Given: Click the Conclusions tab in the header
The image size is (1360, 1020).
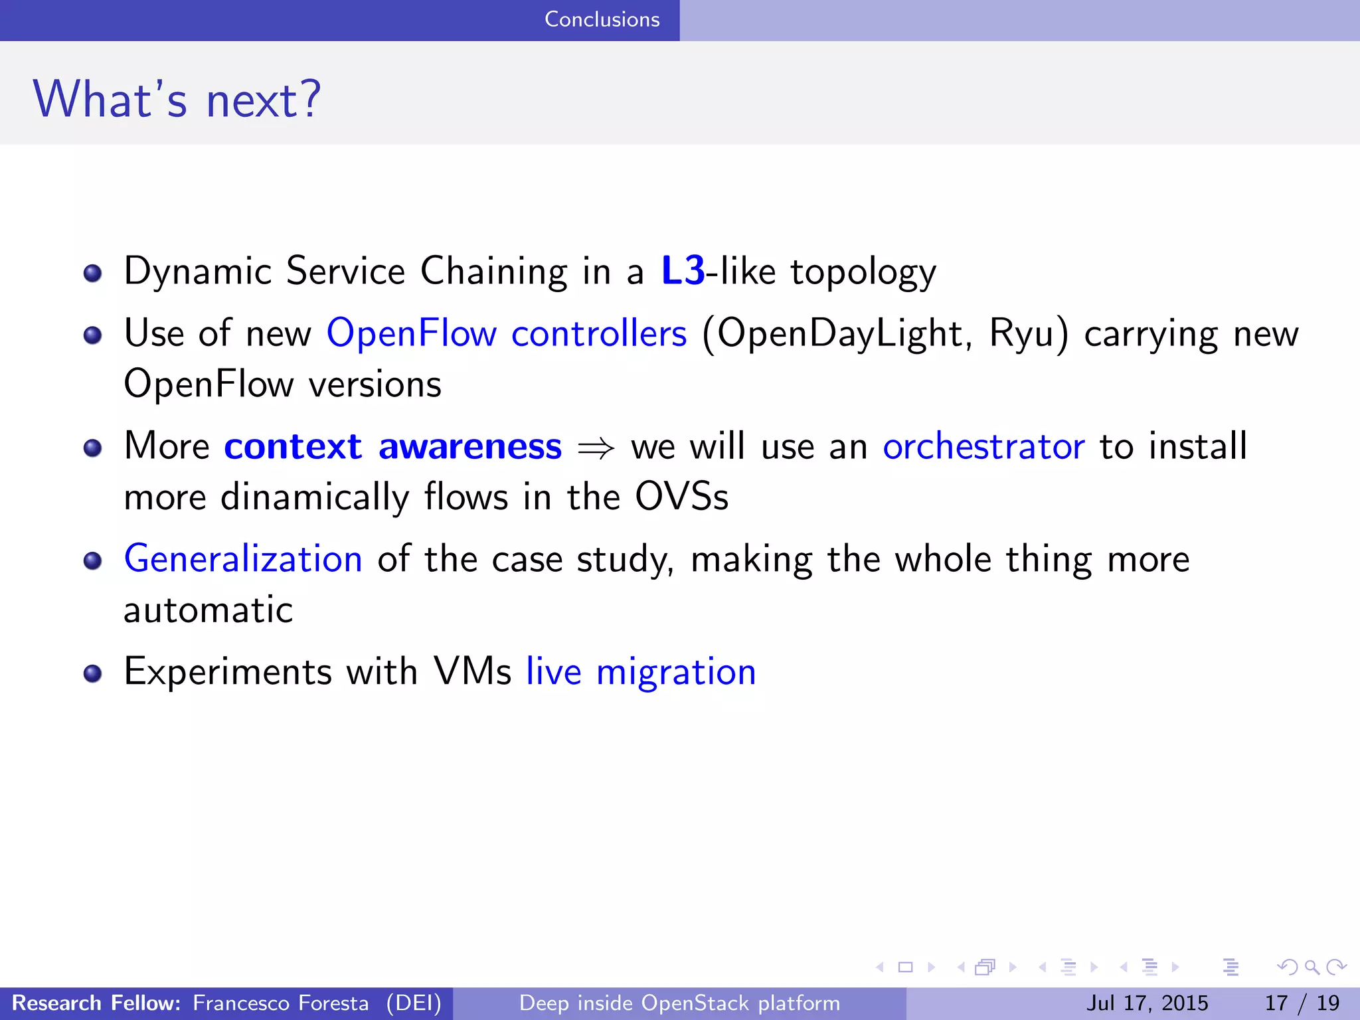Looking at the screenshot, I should (x=602, y=19).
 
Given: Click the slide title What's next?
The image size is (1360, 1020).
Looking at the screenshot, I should (x=177, y=100).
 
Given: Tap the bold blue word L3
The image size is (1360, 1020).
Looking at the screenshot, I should (x=683, y=271).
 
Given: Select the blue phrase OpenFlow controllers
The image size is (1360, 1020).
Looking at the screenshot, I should (x=506, y=333).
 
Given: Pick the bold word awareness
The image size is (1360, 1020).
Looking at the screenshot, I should (x=469, y=446).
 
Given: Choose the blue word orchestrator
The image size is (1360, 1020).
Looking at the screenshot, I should (x=983, y=446).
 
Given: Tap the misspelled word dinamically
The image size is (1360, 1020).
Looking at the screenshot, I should (x=315, y=497).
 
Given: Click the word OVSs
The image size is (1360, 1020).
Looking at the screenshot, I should (x=681, y=497).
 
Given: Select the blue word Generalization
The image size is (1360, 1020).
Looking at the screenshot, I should (x=243, y=558).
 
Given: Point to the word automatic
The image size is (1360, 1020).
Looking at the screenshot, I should (x=208, y=610).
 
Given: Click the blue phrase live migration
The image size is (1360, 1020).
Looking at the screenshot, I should (x=641, y=671).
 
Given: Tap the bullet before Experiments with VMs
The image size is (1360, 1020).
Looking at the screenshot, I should (x=93, y=673).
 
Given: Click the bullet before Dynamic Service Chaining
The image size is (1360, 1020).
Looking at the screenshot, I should (x=93, y=273).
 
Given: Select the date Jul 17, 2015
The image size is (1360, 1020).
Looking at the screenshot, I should (x=1147, y=1003).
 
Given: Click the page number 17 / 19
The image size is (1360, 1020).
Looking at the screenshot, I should (x=1302, y=1003).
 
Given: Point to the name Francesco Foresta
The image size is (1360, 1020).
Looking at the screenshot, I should (x=280, y=1003).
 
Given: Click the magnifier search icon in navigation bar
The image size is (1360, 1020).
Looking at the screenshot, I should (x=1312, y=968).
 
